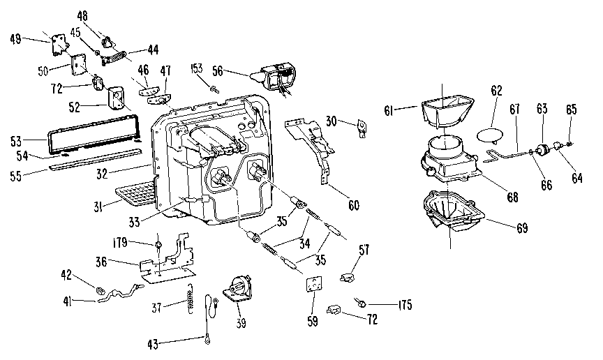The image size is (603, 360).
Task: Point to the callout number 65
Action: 571,110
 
